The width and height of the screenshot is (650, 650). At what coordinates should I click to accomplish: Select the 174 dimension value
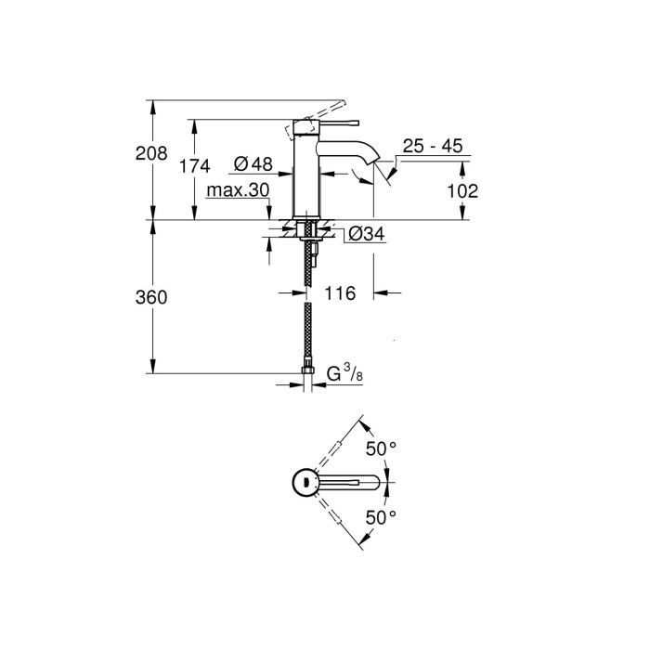pyautogui.click(x=195, y=166)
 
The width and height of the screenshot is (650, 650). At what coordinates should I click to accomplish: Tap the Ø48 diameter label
pyautogui.click(x=252, y=164)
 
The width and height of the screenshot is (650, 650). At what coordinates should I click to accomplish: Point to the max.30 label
pyautogui.click(x=238, y=190)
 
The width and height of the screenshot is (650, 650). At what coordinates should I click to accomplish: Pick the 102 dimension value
pyautogui.click(x=461, y=191)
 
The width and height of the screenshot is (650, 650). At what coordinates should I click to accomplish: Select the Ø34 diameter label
pyautogui.click(x=366, y=236)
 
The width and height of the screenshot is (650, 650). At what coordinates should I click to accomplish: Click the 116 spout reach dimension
pyautogui.click(x=340, y=294)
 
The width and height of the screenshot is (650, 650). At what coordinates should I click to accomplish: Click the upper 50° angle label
pyautogui.click(x=381, y=448)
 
